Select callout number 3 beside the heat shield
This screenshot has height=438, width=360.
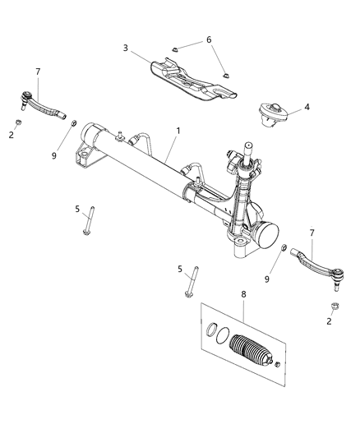click(126, 48)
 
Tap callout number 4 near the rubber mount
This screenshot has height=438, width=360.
click(307, 106)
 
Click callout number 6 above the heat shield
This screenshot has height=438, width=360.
click(208, 39)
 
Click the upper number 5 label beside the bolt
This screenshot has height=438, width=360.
click(76, 210)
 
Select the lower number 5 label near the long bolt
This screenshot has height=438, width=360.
click(180, 269)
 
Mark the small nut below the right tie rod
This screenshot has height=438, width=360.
click(335, 307)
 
